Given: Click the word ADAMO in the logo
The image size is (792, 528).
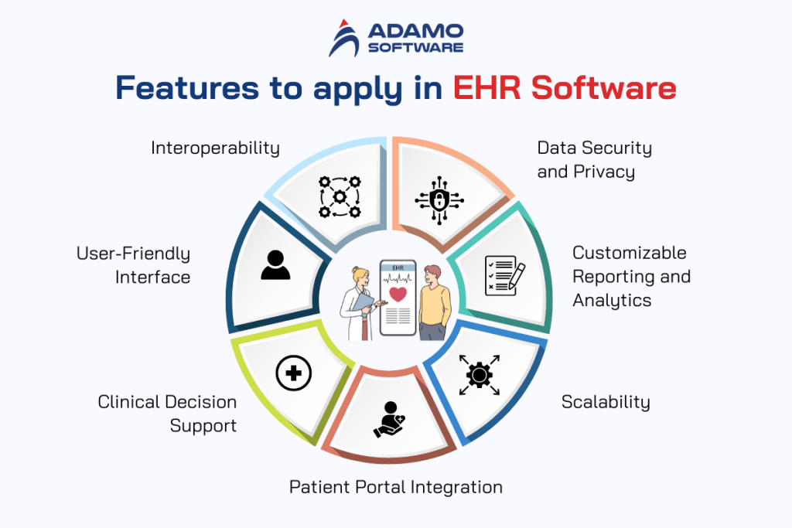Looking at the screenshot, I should pyautogui.click(x=415, y=30).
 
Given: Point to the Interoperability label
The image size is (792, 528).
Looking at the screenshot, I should pyautogui.click(x=215, y=148).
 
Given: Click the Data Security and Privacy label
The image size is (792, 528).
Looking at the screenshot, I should pyautogui.click(x=594, y=159).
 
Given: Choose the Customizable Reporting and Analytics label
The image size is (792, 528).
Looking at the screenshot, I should pyautogui.click(x=631, y=276).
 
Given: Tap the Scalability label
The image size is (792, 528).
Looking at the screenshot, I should pyautogui.click(x=606, y=402).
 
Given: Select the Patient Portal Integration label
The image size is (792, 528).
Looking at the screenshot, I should pyautogui.click(x=396, y=487).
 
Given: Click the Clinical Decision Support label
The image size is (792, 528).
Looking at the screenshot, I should pyautogui.click(x=167, y=414).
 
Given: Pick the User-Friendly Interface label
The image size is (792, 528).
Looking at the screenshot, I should pyautogui.click(x=133, y=264).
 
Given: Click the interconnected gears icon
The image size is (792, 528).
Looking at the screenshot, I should pyautogui.click(x=339, y=196).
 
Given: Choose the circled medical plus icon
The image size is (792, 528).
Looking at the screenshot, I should pyautogui.click(x=294, y=375).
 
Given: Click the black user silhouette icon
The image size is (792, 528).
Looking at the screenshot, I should pyautogui.click(x=275, y=264).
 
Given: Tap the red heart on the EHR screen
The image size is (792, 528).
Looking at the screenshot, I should pyautogui.click(x=398, y=295).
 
